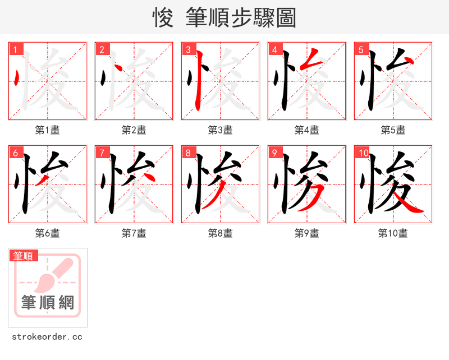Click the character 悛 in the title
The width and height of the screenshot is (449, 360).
click(x=163, y=18)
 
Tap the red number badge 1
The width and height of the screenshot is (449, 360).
click(x=15, y=50)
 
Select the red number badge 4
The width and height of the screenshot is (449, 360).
click(x=274, y=50)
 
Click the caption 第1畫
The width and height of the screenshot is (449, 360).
click(x=48, y=130)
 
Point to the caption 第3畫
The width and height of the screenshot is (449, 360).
click(x=221, y=130)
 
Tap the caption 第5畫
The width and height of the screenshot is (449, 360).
click(x=393, y=130)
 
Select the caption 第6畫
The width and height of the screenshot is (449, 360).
click(x=48, y=233)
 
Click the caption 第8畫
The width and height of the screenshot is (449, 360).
click(x=221, y=233)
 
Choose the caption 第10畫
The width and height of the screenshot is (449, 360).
click(x=393, y=233)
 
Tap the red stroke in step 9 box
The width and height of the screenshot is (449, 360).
click(x=314, y=196)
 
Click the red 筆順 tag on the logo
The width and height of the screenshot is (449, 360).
click(x=24, y=256)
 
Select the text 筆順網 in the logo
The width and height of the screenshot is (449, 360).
click(x=48, y=303)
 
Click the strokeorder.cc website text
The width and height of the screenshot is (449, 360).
click(x=47, y=337)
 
